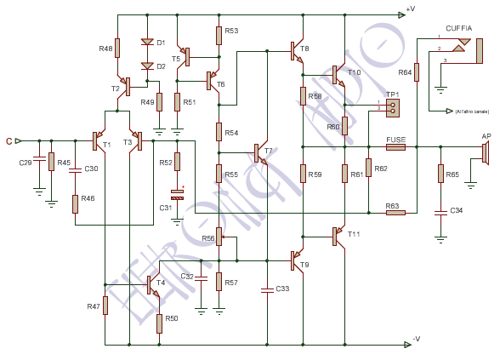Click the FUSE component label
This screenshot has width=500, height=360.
tap(395, 139)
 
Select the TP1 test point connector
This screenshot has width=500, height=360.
tap(392, 106)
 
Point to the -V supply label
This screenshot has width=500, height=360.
tap(415, 339)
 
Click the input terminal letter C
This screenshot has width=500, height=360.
tap(9, 141)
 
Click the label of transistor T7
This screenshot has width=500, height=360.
tap(269, 151)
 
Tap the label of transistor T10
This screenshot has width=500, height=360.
tap(355, 72)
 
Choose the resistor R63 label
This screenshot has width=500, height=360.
tap(392, 205)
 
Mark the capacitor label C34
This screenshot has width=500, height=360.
tap(457, 210)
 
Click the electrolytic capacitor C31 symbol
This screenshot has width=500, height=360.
tap(177, 192)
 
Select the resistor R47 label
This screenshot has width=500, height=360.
tap(94, 306)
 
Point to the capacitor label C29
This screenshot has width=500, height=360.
tap(26, 162)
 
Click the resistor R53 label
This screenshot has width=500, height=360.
tap(231, 31)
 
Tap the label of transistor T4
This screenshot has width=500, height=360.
tap(161, 283)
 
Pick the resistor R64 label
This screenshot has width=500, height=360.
tap(404, 73)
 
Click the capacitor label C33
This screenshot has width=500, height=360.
tap(282, 289)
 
